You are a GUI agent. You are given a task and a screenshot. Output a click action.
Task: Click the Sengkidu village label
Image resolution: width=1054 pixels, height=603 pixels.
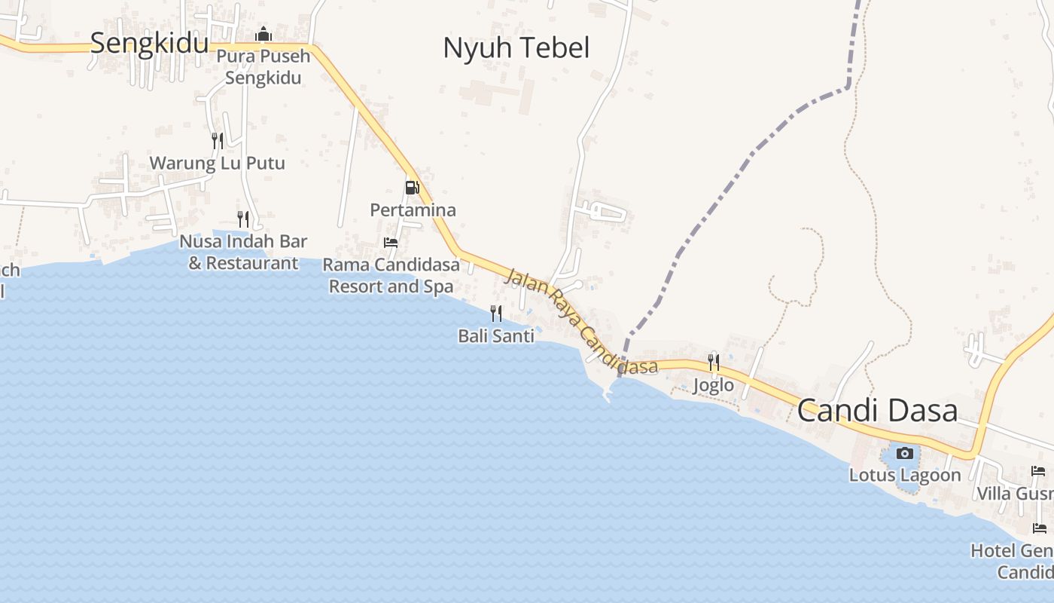(x=149, y=43)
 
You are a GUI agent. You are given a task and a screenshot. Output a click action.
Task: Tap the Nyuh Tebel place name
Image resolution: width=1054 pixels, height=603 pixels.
(x=516, y=47)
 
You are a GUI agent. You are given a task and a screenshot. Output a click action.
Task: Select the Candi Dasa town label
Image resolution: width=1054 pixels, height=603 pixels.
(x=877, y=411)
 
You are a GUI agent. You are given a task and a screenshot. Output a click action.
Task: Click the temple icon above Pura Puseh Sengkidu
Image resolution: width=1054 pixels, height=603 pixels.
(x=263, y=35)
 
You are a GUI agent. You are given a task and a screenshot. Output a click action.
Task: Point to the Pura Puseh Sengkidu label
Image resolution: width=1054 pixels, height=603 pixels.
(x=263, y=67)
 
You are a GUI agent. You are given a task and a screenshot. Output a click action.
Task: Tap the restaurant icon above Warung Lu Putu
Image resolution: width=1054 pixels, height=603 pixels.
(x=218, y=140)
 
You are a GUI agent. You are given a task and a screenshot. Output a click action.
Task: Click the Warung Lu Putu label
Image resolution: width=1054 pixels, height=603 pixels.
(x=217, y=163)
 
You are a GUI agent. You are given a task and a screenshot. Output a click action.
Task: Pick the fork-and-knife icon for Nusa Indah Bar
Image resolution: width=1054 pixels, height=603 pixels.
(x=243, y=219)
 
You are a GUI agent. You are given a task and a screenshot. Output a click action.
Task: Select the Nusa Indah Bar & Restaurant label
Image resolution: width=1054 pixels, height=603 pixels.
(x=243, y=253)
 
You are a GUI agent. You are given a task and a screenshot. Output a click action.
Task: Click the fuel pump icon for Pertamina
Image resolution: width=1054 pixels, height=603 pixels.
(x=412, y=188)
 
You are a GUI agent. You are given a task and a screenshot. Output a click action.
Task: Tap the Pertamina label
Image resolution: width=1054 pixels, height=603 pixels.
(x=413, y=210)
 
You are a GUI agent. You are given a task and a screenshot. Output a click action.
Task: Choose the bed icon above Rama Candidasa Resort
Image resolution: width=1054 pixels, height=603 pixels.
(x=391, y=243)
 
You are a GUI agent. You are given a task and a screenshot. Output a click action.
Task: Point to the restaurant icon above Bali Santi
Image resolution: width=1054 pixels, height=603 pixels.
(x=496, y=313)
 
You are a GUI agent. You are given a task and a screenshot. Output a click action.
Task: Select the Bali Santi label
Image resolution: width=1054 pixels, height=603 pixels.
(x=496, y=335)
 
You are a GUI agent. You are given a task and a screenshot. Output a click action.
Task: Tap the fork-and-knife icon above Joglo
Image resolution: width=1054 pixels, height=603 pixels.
(x=713, y=363)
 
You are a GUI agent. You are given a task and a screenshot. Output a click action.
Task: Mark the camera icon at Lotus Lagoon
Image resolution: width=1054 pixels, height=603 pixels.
(x=905, y=453)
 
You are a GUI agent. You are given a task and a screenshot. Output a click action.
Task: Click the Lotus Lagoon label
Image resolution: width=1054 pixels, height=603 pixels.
(x=905, y=476)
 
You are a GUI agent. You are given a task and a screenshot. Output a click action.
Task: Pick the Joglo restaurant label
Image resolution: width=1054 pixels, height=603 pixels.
(x=713, y=385)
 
